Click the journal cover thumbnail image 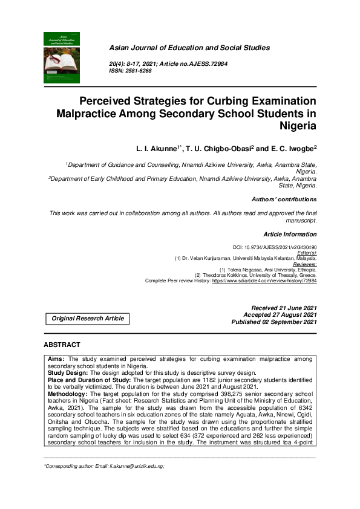(62, 57)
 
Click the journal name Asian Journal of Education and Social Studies (189, 48)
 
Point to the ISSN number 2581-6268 (139, 71)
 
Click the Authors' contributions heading (283, 199)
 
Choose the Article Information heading (290, 234)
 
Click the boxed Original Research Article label (88, 319)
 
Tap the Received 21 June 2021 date (283, 308)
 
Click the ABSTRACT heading (62, 345)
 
